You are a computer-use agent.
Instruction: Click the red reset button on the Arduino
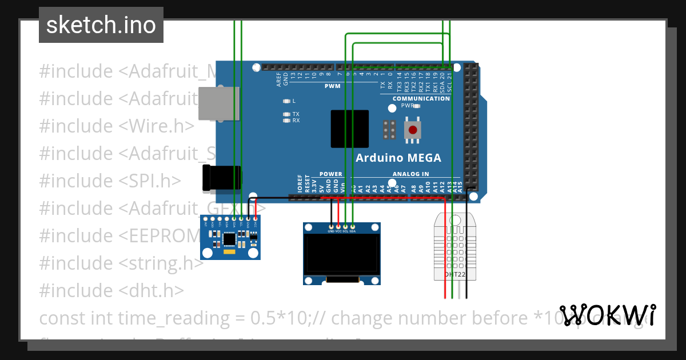click(x=413, y=130)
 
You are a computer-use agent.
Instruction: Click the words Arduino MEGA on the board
click(x=398, y=158)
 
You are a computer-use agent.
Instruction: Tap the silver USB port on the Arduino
click(x=218, y=103)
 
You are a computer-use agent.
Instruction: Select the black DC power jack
click(x=221, y=177)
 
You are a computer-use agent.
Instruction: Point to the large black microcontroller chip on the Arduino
click(x=350, y=130)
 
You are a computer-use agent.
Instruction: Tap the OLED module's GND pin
click(x=331, y=227)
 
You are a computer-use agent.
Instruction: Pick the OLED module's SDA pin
click(x=353, y=227)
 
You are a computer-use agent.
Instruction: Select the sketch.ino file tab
click(x=101, y=25)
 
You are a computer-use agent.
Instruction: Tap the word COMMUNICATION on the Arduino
click(x=421, y=99)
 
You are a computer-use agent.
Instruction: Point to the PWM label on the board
click(x=332, y=86)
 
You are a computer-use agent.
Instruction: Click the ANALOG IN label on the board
click(x=410, y=174)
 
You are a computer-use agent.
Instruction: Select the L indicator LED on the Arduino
click(x=287, y=101)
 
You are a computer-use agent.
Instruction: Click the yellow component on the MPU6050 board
click(x=229, y=251)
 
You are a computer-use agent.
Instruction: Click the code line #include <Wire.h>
click(x=117, y=126)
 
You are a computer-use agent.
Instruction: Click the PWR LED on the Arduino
click(x=417, y=106)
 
